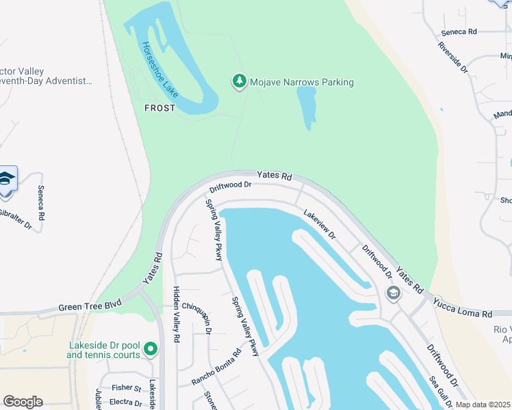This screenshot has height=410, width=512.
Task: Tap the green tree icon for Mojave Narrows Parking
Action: (239, 82)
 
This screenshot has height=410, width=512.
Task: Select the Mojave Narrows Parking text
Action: (301, 83)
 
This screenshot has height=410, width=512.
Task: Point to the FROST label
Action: (159, 108)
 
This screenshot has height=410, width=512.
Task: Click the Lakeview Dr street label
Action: (320, 224)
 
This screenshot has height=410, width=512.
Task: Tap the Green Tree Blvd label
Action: (90, 306)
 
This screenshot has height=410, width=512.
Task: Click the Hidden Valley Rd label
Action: (176, 314)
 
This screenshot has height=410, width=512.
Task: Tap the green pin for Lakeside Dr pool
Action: (151, 351)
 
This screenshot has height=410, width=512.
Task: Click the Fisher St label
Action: (127, 388)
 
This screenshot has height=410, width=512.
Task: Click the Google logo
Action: (23, 402)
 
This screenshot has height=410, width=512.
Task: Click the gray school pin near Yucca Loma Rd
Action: (393, 293)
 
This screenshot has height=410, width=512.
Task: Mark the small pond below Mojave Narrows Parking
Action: (307, 106)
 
